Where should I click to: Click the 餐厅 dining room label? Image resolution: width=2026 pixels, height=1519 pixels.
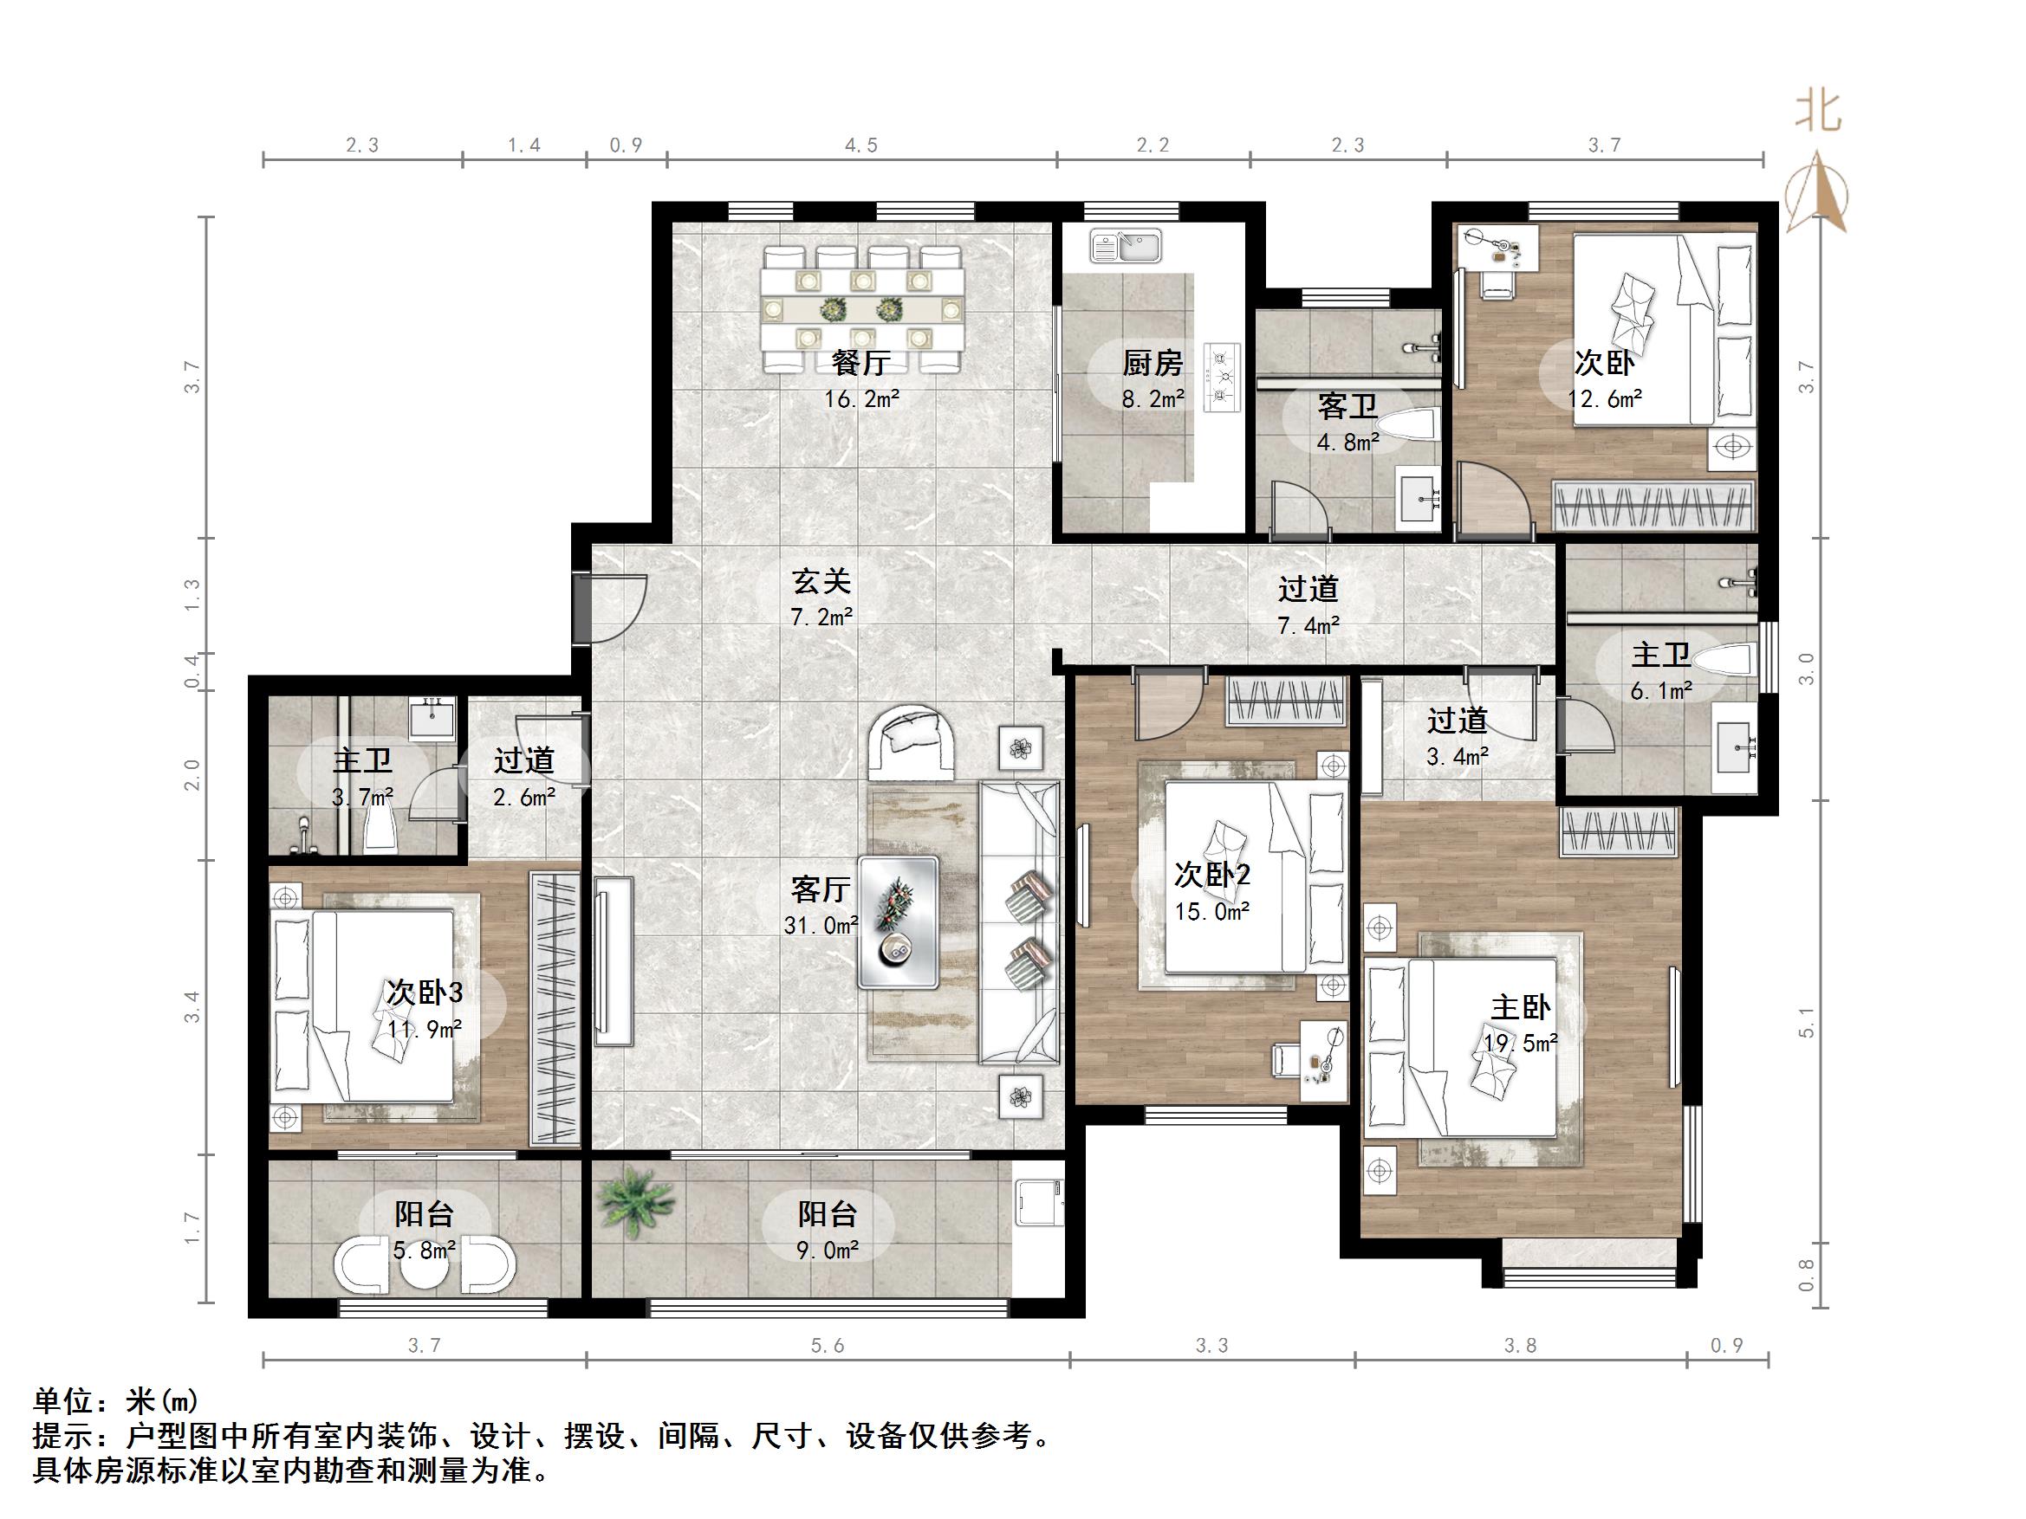(x=859, y=364)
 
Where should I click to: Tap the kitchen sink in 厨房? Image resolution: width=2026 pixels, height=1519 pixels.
(x=1126, y=246)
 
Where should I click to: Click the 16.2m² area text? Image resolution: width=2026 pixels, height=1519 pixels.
(x=861, y=399)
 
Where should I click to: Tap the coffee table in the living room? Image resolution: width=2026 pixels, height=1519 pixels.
(x=899, y=922)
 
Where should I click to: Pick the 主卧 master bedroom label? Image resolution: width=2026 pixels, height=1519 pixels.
(x=1520, y=1008)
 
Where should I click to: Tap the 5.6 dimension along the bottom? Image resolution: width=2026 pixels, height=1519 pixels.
(x=827, y=1345)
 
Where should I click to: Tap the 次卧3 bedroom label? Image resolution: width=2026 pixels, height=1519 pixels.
(x=424, y=992)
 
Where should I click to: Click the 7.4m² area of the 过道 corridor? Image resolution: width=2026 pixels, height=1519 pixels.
(x=1308, y=625)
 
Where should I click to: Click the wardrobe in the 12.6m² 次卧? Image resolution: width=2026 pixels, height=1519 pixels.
(x=1653, y=506)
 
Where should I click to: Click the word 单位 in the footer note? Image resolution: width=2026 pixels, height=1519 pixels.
(x=62, y=1401)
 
